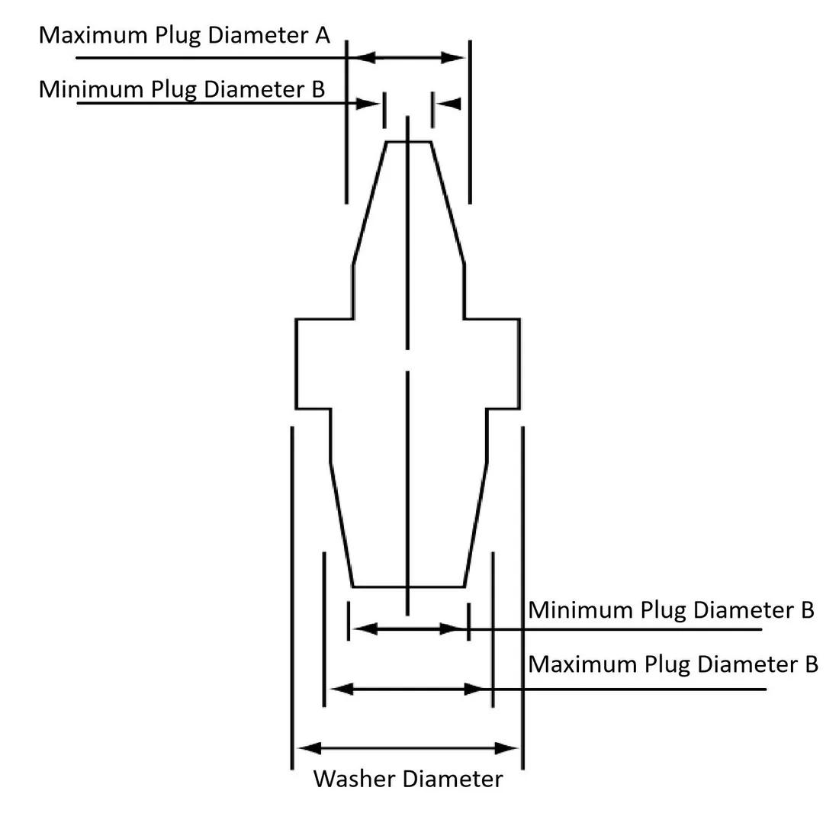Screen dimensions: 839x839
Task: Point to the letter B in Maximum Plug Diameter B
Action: click(810, 664)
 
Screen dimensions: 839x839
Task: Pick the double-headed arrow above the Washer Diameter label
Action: click(408, 748)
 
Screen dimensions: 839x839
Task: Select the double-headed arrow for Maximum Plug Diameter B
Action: click(408, 689)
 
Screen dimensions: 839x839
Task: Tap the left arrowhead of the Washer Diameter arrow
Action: click(307, 748)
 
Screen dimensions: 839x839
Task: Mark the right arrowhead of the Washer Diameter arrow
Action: click(509, 748)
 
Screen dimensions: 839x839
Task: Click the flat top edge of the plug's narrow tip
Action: click(409, 142)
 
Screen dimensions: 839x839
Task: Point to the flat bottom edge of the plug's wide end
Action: click(408, 587)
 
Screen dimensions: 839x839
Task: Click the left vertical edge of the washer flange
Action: click(296, 364)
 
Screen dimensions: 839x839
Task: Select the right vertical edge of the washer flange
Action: click(519, 364)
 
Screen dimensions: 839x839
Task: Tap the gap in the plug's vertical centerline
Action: click(408, 360)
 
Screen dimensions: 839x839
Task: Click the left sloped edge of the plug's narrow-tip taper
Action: click(370, 203)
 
